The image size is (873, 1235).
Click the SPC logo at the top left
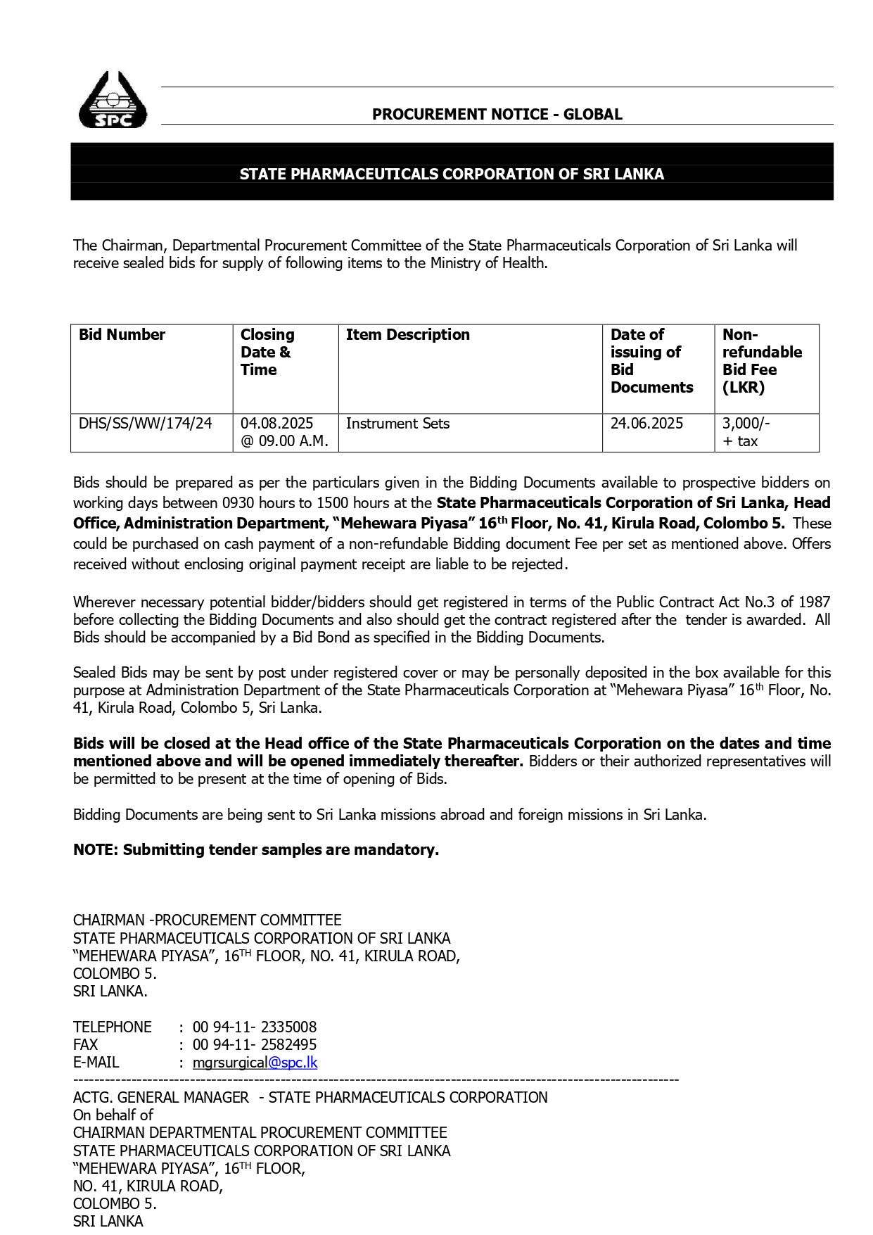[113, 101]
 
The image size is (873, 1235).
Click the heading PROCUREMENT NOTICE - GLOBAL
[497, 114]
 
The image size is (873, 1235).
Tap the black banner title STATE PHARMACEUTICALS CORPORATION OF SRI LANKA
[452, 174]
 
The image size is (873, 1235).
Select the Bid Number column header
[122, 335]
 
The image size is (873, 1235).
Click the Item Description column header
[407, 335]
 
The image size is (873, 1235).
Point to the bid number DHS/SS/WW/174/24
[145, 424]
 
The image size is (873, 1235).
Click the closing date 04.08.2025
[276, 424]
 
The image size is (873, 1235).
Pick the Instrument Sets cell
[397, 424]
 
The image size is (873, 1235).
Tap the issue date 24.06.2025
[646, 424]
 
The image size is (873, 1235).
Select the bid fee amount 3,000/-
[746, 424]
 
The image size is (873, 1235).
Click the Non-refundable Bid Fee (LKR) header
[762, 361]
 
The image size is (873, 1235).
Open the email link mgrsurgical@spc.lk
[255, 1063]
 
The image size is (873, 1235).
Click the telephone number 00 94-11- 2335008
[255, 1027]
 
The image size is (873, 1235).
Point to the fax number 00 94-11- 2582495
[255, 1045]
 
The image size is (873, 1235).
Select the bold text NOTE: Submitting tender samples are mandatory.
[256, 850]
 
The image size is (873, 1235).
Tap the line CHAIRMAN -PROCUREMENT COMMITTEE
[208, 920]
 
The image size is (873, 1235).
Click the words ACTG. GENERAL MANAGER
[161, 1098]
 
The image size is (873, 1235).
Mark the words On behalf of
[113, 1115]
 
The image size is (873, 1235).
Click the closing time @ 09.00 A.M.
[284, 441]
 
